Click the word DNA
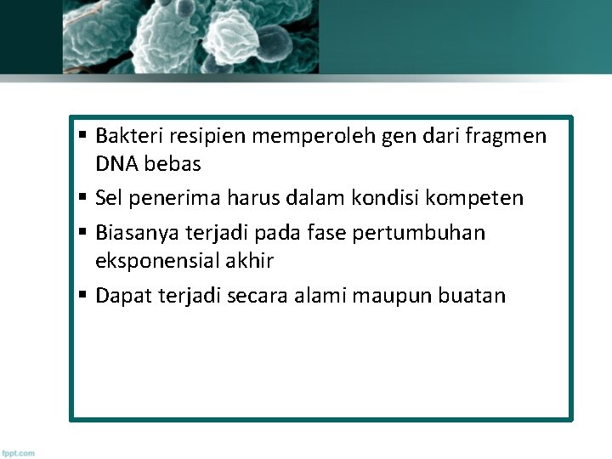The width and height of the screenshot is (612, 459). click(118, 163)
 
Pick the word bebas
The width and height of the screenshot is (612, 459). click(176, 163)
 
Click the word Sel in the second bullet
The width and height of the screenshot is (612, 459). click(109, 199)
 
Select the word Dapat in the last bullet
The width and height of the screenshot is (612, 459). click(121, 296)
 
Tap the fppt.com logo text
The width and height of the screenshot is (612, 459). click(19, 453)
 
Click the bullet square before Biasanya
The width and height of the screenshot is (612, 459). click(82, 231)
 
